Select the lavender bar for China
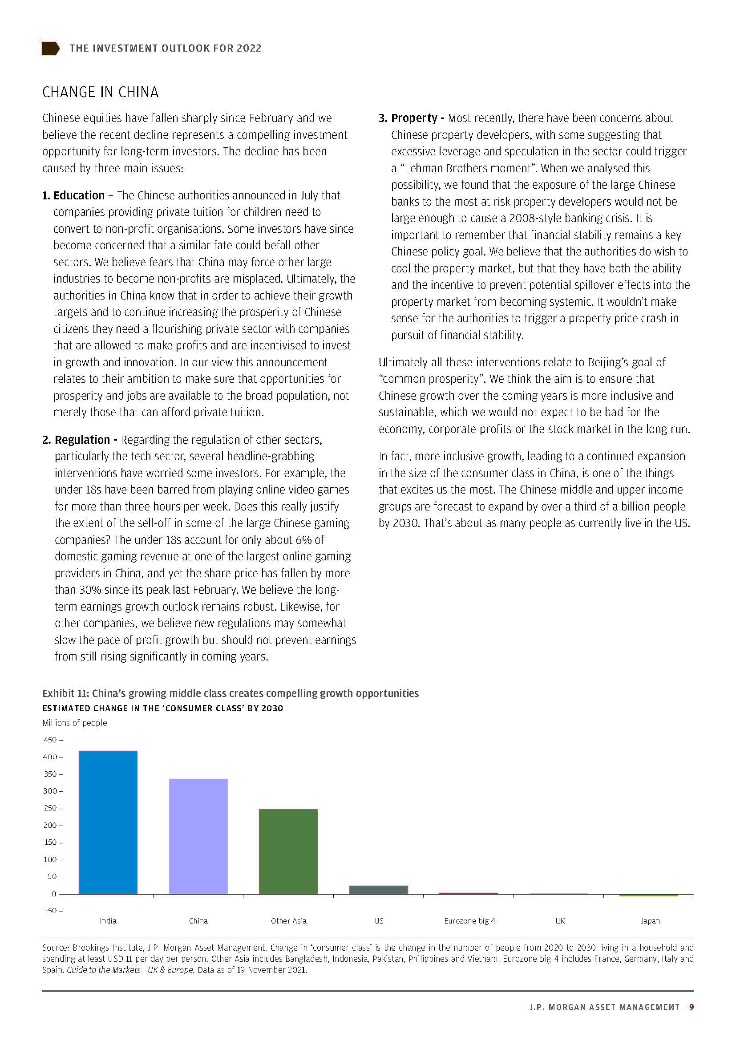pos(198,836)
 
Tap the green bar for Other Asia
pos(288,851)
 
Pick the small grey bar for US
pos(378,890)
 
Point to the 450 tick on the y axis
pos(50,740)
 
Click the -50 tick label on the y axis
pos(50,911)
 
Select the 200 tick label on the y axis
pos(50,825)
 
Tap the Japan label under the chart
pos(650,921)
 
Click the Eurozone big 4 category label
pos(469,921)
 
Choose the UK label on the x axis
pos(560,921)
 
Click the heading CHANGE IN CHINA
pos(100,92)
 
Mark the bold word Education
pos(79,195)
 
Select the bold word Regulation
pos(82,440)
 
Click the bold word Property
pos(414,118)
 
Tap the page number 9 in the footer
pos(691,1007)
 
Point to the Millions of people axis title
pos(75,723)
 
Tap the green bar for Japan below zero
pos(648,895)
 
